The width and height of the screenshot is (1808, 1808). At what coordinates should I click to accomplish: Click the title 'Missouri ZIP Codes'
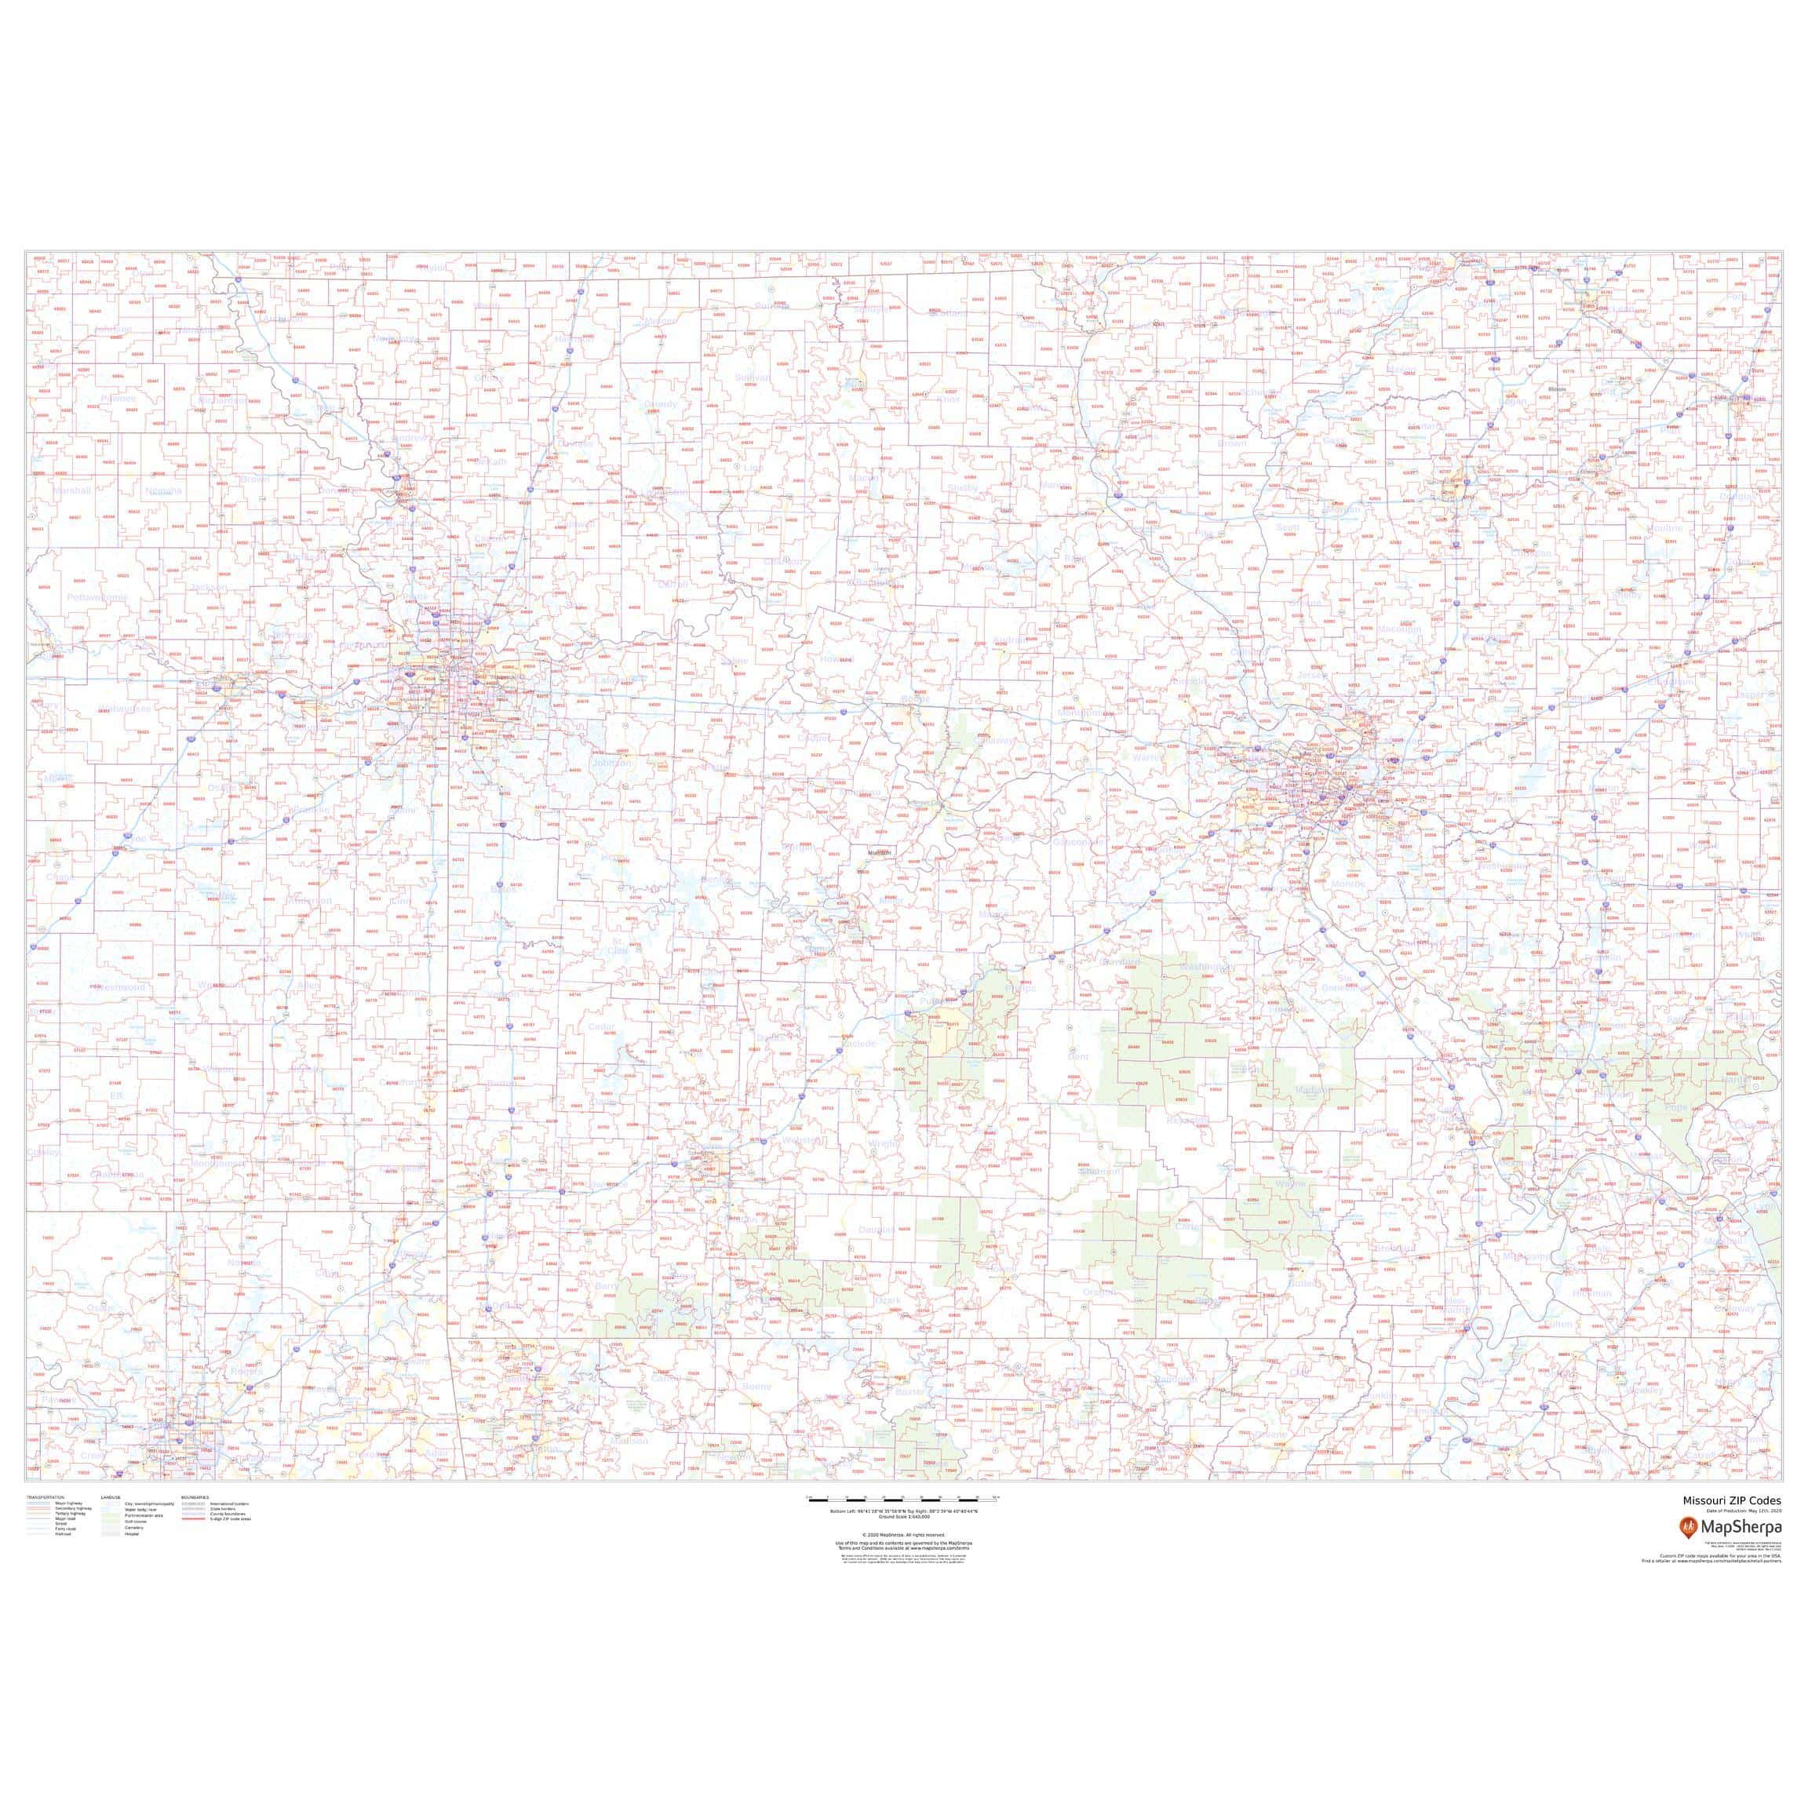1731,1526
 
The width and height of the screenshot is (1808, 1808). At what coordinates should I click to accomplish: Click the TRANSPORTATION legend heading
48,1523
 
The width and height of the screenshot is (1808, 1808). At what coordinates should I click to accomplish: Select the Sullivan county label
752,378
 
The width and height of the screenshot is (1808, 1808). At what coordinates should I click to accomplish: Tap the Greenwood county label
118,986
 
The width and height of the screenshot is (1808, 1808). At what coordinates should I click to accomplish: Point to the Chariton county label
782,562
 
